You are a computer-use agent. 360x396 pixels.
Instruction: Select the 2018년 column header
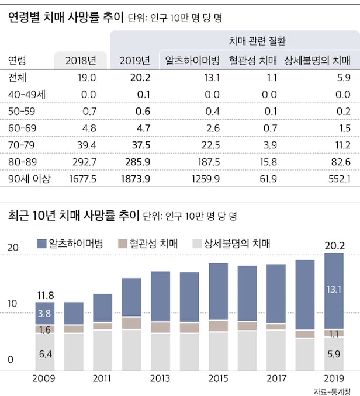pyautogui.click(x=81, y=60)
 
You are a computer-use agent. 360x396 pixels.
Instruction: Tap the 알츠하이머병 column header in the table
pyautogui.click(x=192, y=60)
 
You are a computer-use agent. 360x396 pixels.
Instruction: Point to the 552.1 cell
pyautogui.click(x=338, y=179)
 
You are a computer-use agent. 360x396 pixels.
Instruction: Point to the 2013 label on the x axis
pyautogui.click(x=161, y=377)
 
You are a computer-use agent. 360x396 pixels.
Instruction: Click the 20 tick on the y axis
pyautogui.click(x=12, y=247)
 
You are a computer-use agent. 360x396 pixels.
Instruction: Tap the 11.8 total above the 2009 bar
pyautogui.click(x=45, y=294)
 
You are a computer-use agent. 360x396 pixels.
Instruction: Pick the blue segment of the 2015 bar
pyautogui.click(x=218, y=292)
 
